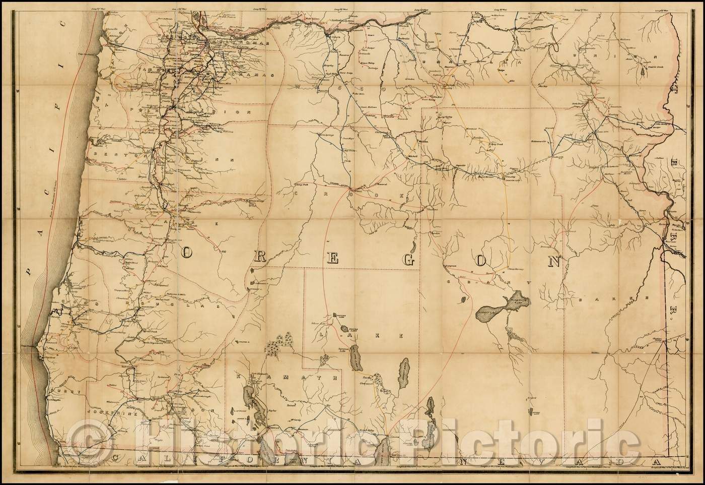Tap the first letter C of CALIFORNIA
(117, 458)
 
